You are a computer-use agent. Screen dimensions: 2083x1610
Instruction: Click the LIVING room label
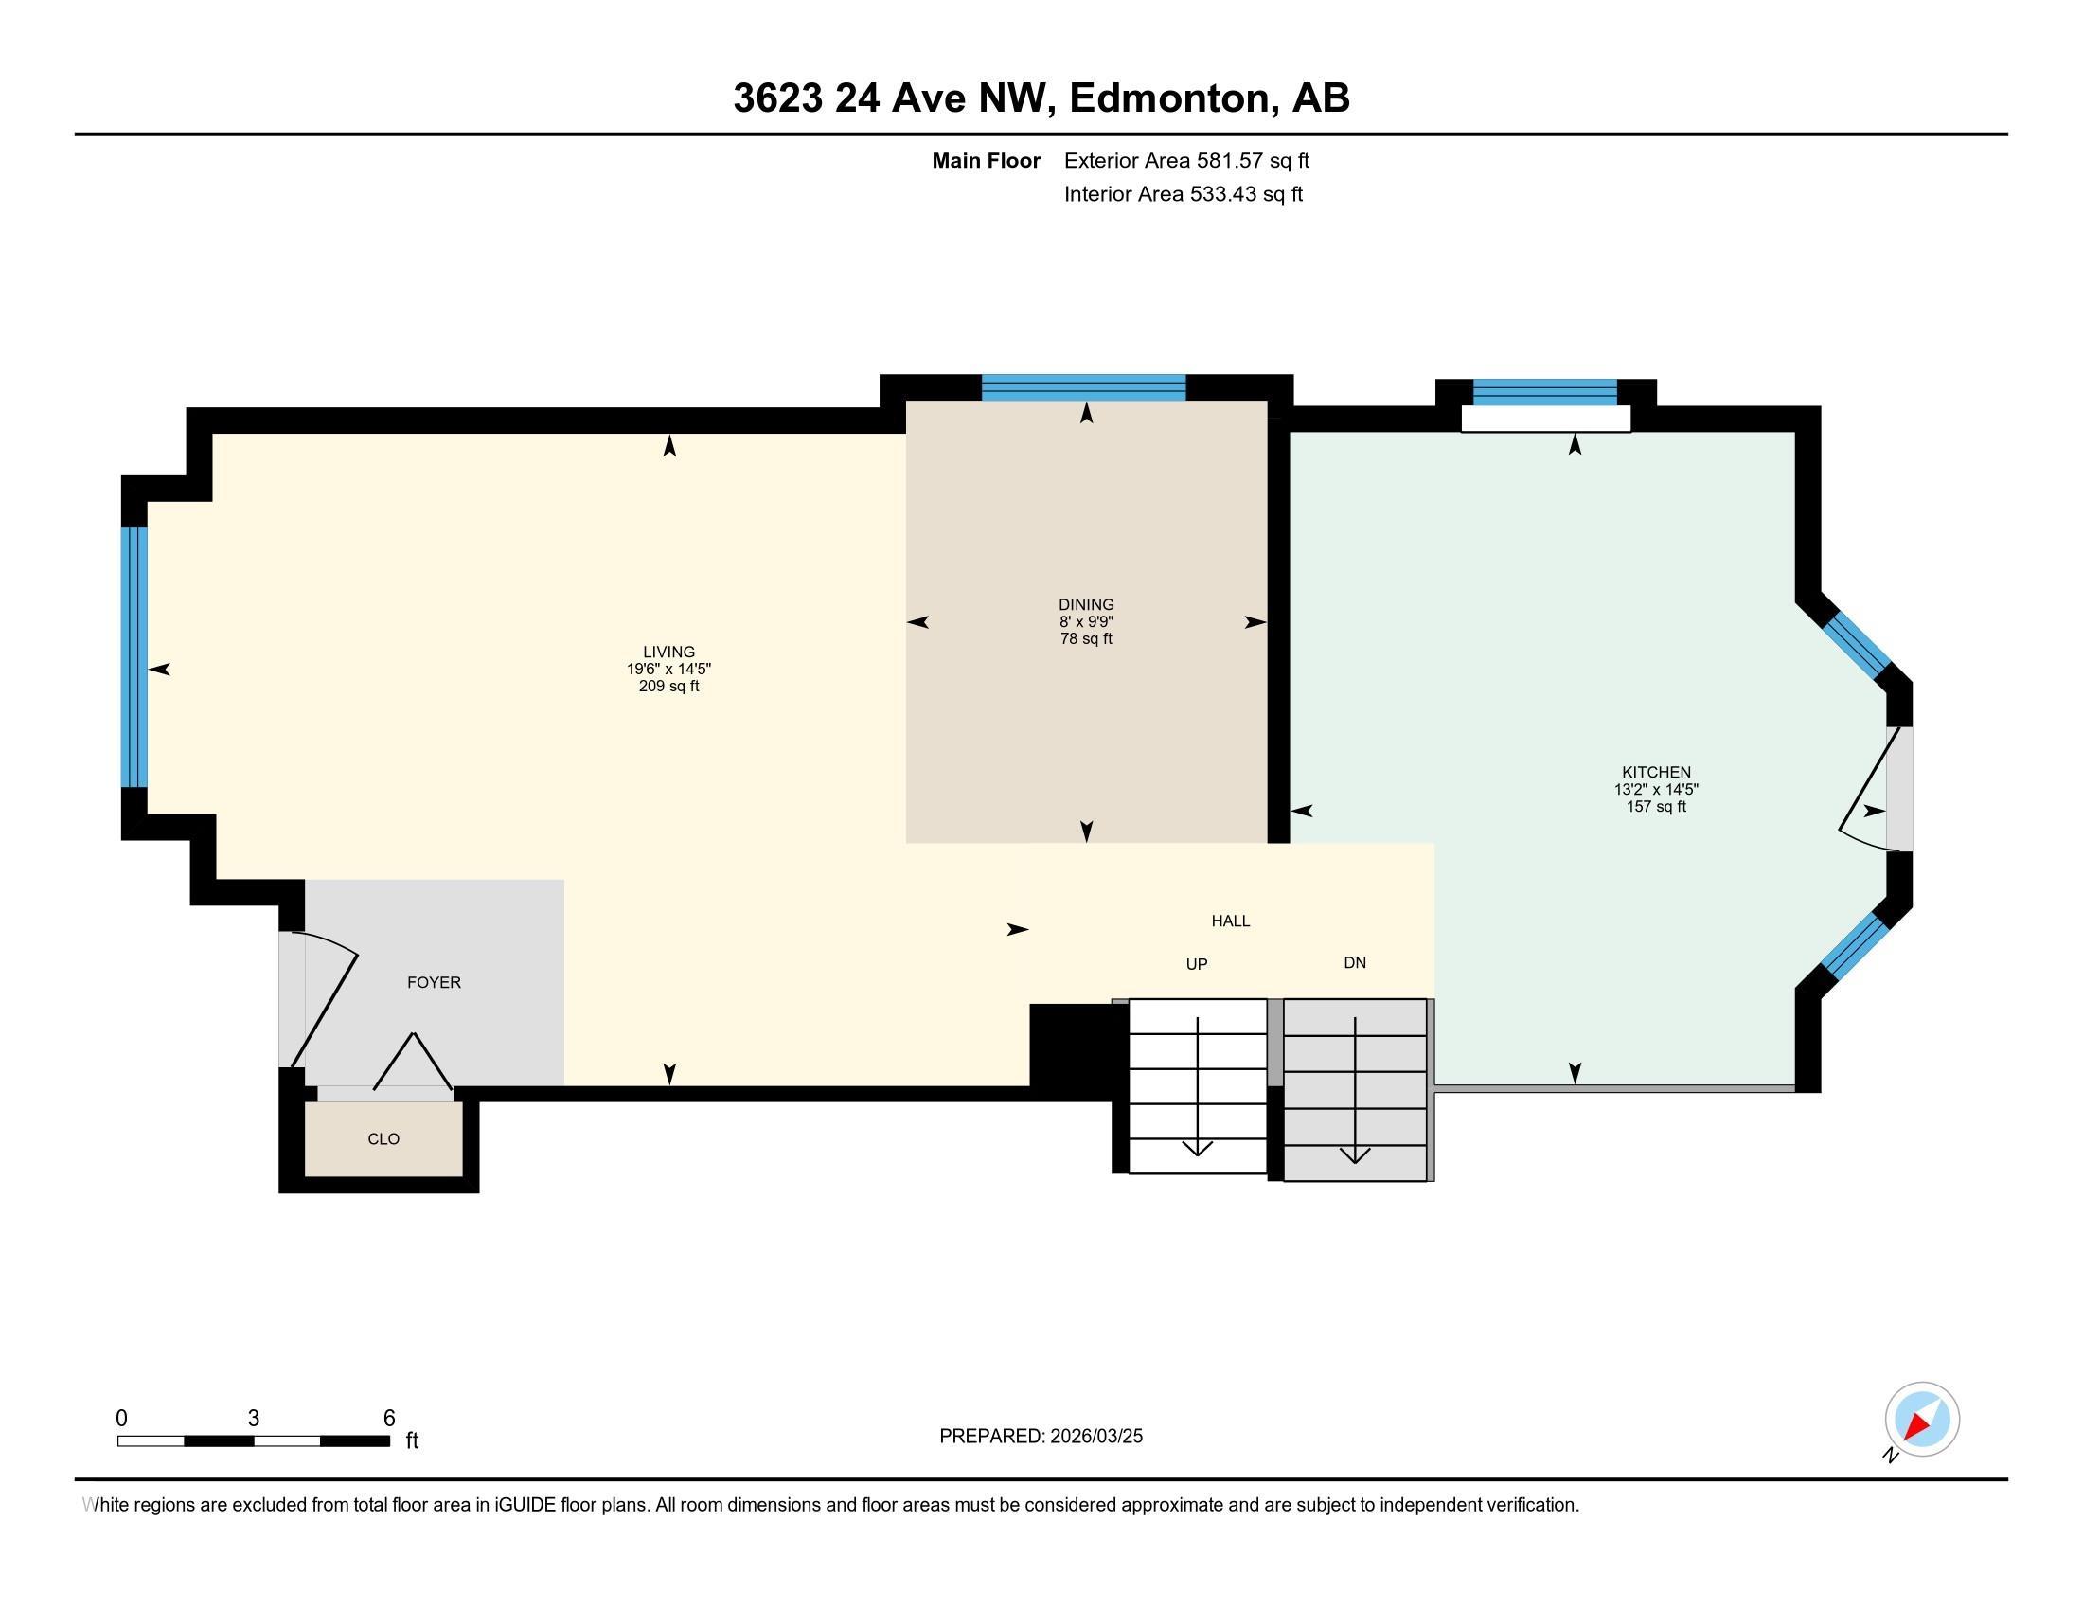point(668,653)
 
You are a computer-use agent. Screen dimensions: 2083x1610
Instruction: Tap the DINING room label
point(1086,605)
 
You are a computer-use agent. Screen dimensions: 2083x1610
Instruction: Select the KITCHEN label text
point(1657,773)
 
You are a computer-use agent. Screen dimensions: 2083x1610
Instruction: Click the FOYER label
point(434,982)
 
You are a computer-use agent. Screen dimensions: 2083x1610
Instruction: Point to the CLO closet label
point(383,1138)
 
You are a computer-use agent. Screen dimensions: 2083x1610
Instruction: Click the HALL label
point(1230,921)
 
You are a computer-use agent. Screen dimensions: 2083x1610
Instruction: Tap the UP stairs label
point(1197,964)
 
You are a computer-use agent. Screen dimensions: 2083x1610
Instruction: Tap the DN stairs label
point(1355,963)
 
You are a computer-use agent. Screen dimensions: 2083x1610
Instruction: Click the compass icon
point(1922,1420)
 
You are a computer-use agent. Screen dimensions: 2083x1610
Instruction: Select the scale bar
point(254,1440)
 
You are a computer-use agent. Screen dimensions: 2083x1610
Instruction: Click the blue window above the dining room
point(1083,387)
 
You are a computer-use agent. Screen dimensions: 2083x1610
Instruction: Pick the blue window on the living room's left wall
point(134,656)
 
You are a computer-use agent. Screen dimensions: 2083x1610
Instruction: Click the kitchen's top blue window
point(1545,392)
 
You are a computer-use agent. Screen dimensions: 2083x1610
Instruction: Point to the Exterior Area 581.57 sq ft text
point(1186,161)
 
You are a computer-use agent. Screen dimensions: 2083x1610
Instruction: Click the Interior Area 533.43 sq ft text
point(1183,194)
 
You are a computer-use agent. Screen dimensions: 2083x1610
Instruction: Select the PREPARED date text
point(1041,1437)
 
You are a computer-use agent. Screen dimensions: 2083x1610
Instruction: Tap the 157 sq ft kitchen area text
point(1657,807)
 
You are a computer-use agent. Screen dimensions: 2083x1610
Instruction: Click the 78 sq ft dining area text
point(1086,639)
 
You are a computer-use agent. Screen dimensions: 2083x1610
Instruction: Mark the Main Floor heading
point(987,161)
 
